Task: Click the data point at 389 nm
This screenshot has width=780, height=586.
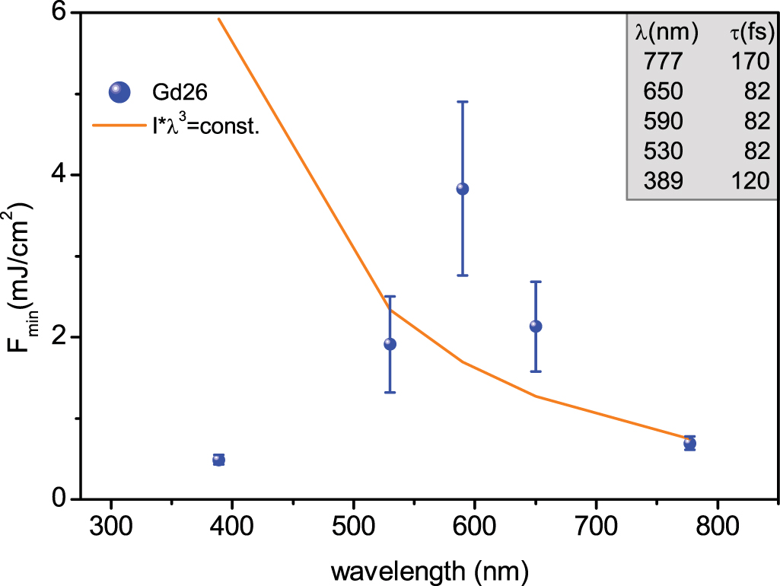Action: [218, 459]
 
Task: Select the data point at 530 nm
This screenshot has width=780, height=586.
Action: [390, 344]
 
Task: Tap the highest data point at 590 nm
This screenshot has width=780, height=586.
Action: [462, 189]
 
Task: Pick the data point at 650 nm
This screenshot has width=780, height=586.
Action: [535, 326]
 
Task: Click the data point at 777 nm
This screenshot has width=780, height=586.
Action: [689, 443]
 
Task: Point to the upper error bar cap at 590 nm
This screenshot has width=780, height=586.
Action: [462, 101]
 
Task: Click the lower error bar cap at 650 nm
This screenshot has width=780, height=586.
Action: [535, 371]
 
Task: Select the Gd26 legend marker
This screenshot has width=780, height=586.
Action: [119, 92]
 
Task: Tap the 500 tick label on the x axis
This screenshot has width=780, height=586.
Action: [353, 527]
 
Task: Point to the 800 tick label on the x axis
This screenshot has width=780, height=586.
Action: [716, 527]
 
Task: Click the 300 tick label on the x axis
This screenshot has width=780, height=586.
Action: [111, 527]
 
